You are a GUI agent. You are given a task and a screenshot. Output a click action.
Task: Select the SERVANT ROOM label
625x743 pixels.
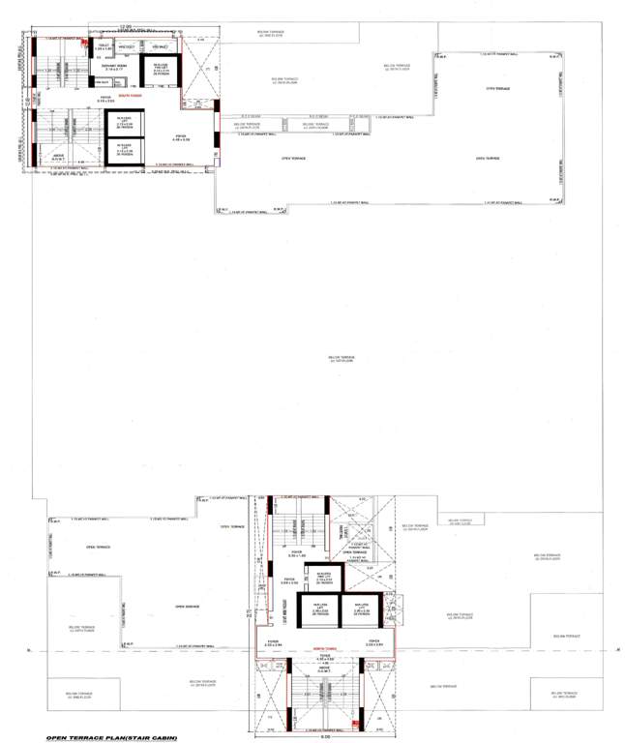coord(115,66)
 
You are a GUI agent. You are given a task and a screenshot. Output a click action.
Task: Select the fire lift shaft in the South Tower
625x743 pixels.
coord(161,72)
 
